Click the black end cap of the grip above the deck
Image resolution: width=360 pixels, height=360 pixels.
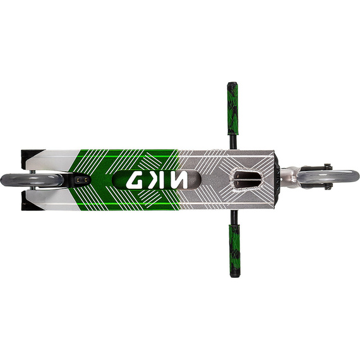[232, 85]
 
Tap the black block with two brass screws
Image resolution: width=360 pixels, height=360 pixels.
[81, 180]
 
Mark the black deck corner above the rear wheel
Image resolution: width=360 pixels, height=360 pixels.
[28, 155]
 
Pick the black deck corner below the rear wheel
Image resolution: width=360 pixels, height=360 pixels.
[28, 205]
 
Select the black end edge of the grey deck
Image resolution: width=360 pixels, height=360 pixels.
[278, 180]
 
